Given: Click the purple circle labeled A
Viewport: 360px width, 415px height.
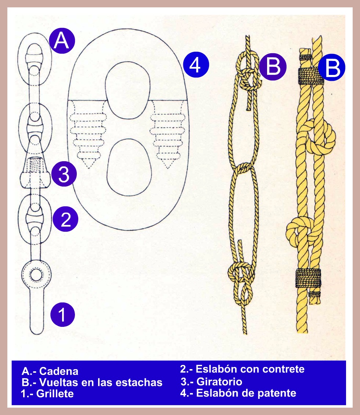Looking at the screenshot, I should click(x=62, y=41).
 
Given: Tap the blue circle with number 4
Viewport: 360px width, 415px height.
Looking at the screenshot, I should click(x=196, y=65).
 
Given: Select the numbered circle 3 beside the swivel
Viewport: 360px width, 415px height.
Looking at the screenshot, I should click(x=64, y=175).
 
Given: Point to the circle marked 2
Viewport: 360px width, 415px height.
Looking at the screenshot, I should click(x=65, y=219).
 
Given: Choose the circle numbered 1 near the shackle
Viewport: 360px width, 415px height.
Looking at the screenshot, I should click(x=62, y=315).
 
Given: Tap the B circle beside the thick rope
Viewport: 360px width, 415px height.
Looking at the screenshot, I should click(x=332, y=68).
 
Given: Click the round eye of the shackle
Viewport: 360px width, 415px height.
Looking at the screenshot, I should click(x=36, y=274).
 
